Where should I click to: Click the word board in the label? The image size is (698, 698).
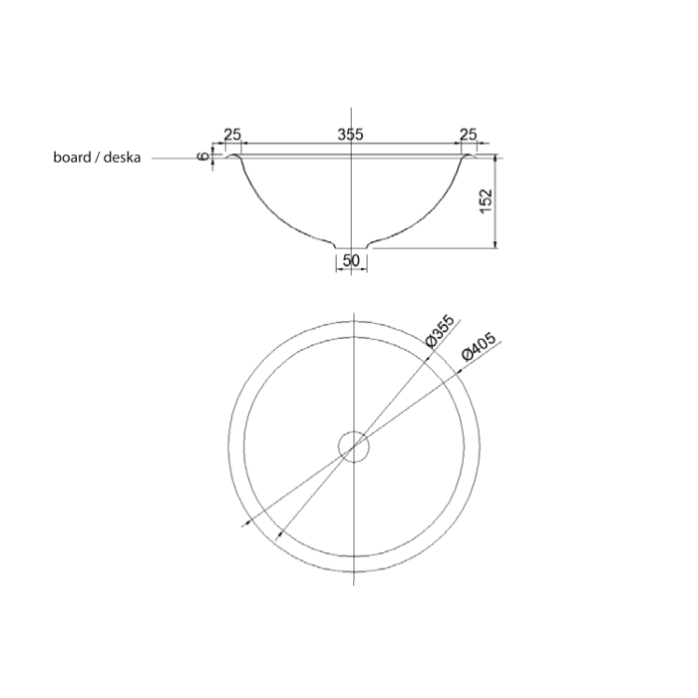(x=72, y=158)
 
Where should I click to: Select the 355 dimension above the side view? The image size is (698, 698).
(x=350, y=134)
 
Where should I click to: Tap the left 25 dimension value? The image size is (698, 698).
(x=232, y=134)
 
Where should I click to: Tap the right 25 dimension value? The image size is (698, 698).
(x=468, y=134)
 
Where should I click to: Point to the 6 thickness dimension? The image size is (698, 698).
(x=203, y=157)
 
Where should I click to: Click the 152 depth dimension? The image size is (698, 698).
(x=487, y=200)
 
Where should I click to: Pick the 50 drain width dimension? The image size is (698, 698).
(x=351, y=260)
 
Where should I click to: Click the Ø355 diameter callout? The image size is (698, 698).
(x=440, y=331)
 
